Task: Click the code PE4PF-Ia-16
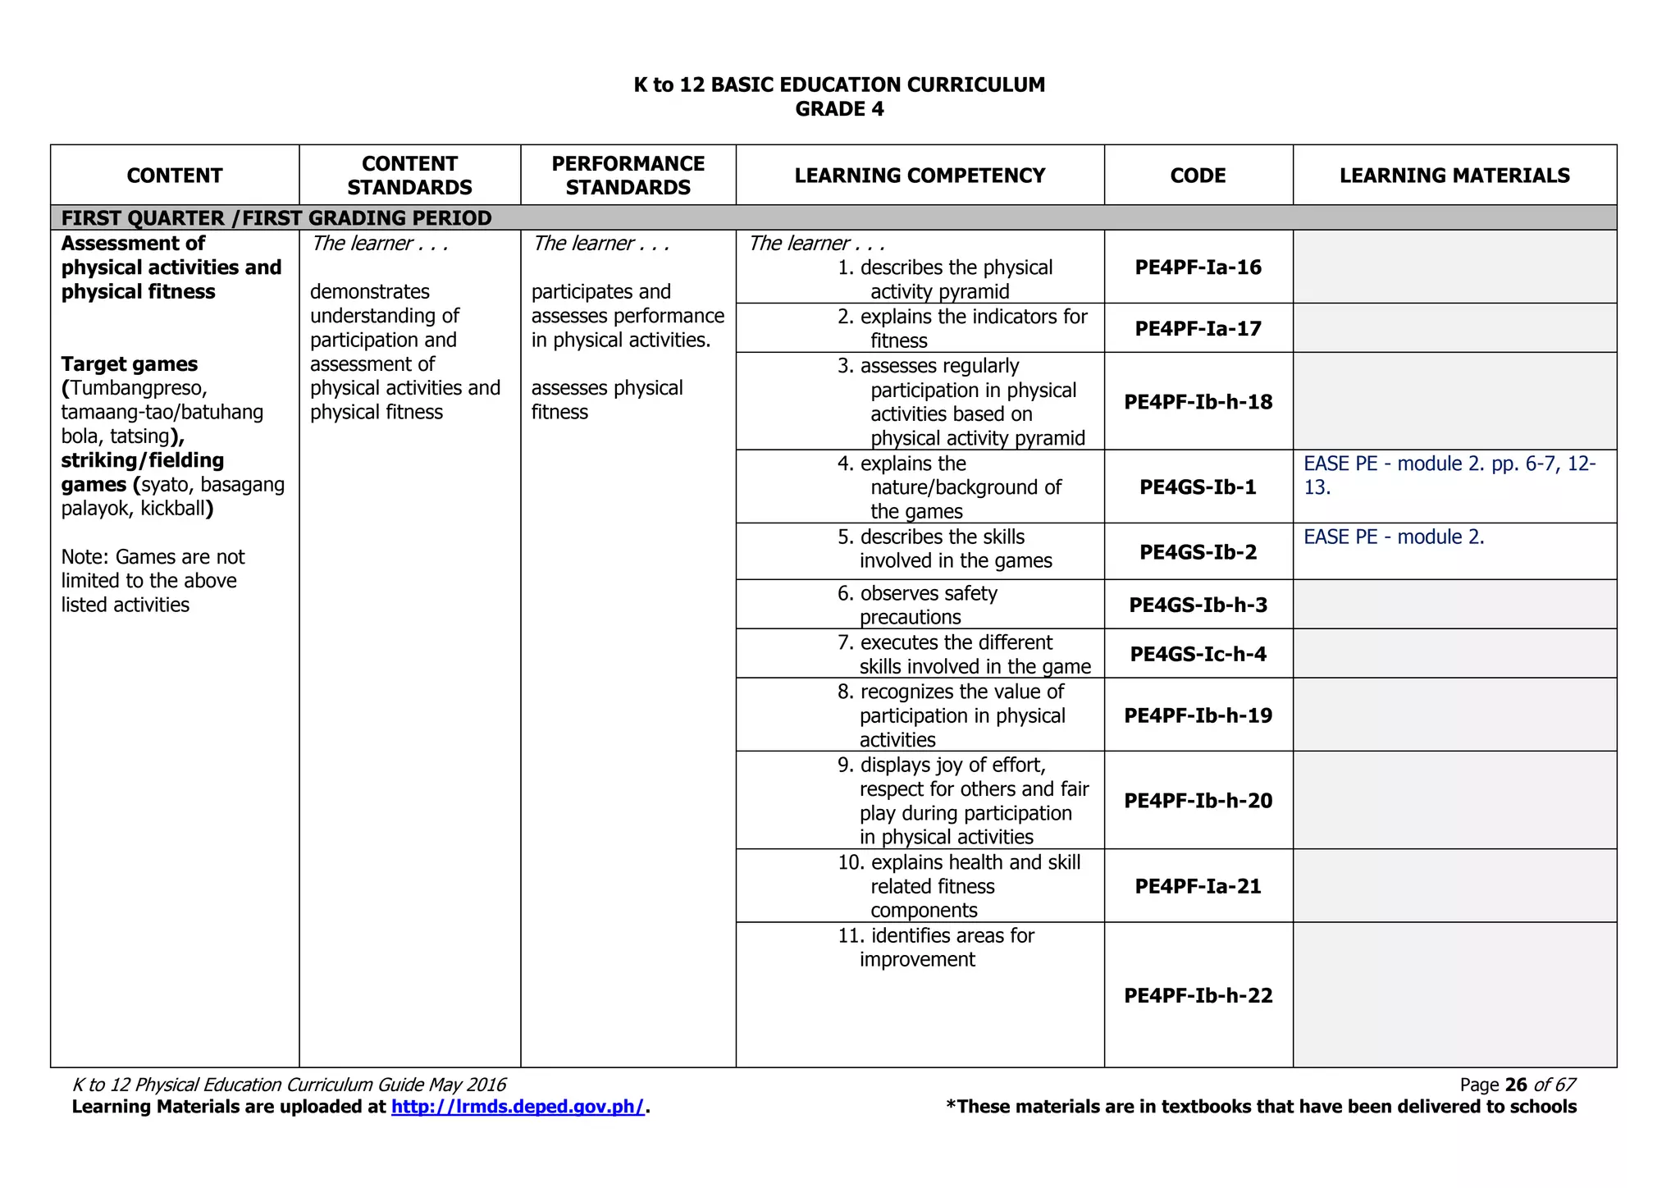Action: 1198,267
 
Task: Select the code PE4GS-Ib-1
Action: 1198,487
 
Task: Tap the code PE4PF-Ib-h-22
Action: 1198,995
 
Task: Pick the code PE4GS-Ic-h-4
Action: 1198,654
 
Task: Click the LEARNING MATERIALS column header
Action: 1454,176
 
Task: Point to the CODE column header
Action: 1198,176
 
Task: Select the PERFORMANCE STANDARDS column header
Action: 628,176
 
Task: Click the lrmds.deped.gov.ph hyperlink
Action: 518,1107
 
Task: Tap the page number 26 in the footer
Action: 1516,1085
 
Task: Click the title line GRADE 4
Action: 839,109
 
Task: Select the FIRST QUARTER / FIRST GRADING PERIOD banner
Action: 276,218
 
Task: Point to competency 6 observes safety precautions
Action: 927,605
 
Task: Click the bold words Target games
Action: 130,364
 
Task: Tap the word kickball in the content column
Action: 172,509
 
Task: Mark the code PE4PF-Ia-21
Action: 1198,886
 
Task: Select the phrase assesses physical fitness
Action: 606,400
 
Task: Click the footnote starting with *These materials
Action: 1261,1107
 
